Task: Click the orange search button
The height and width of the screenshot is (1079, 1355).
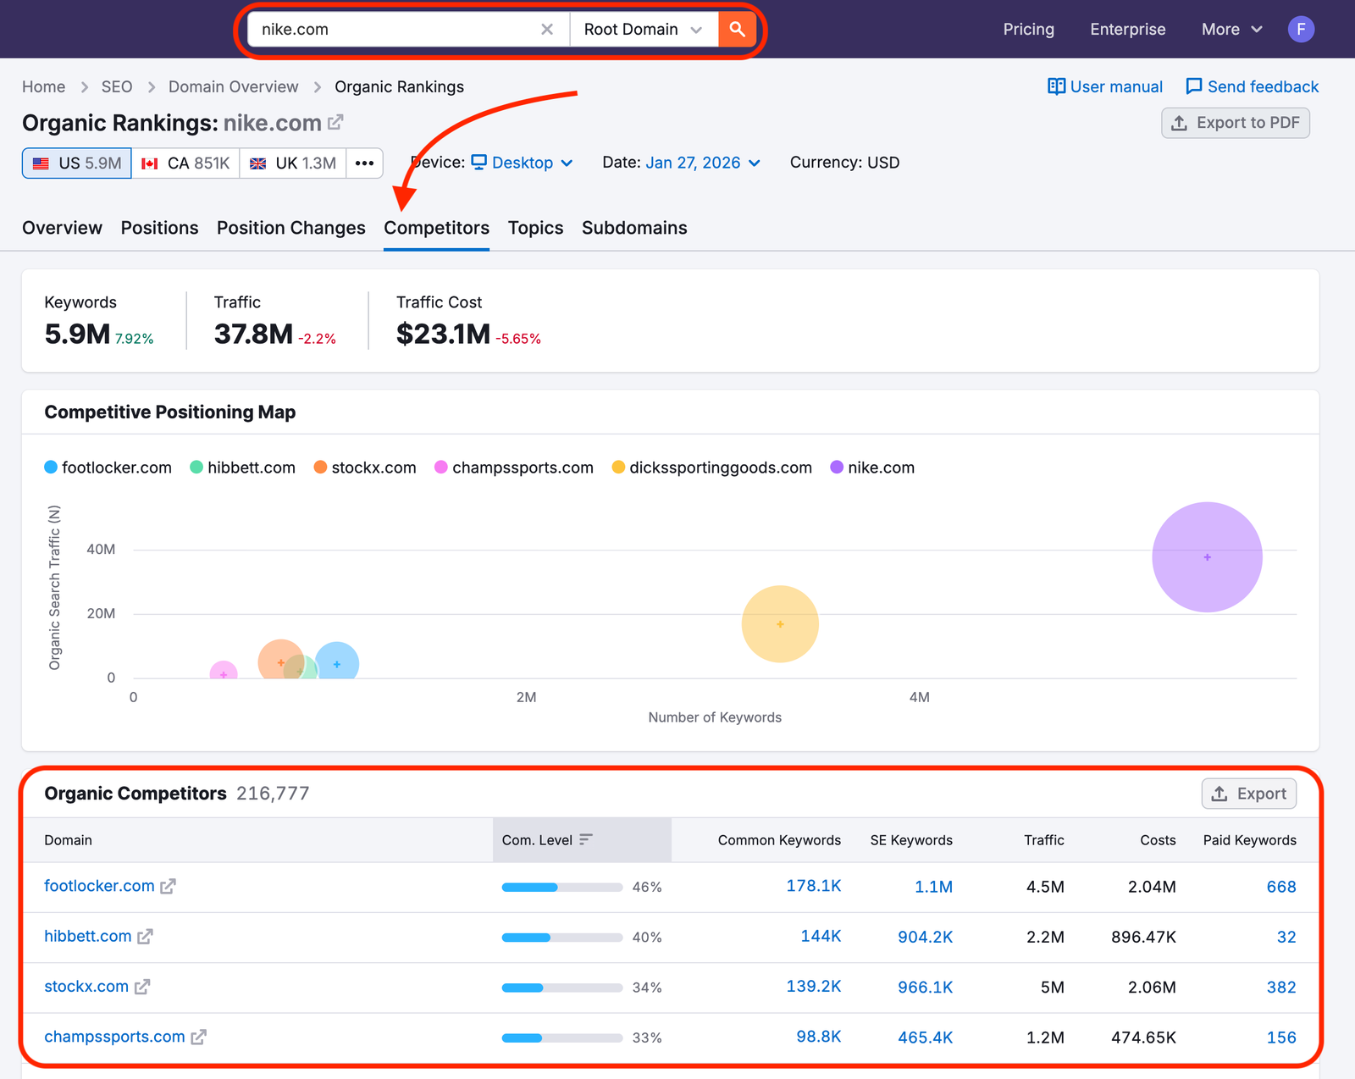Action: pyautogui.click(x=737, y=30)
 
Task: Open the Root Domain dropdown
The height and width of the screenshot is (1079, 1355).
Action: pyautogui.click(x=643, y=30)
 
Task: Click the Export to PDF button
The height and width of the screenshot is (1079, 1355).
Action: pyautogui.click(x=1236, y=123)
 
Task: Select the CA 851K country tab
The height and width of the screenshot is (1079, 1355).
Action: pyautogui.click(x=185, y=163)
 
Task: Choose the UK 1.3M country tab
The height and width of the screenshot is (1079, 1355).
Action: pyautogui.click(x=293, y=163)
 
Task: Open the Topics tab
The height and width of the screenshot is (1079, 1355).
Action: pyautogui.click(x=535, y=228)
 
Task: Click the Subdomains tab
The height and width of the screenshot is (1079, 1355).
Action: pyautogui.click(x=633, y=228)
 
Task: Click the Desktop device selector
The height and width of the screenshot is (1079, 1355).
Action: pyautogui.click(x=522, y=163)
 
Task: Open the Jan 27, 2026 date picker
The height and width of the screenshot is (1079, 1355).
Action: pyautogui.click(x=702, y=163)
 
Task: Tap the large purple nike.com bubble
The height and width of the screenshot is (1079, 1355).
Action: pyautogui.click(x=1207, y=556)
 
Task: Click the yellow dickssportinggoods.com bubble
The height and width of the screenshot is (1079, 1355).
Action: pyautogui.click(x=779, y=623)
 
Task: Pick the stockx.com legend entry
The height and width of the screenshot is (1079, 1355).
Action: pyautogui.click(x=365, y=468)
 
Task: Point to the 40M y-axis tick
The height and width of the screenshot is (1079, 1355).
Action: pyautogui.click(x=101, y=550)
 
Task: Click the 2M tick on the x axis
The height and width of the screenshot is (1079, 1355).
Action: pyautogui.click(x=526, y=697)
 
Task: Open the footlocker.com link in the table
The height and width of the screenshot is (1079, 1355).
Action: pyautogui.click(x=99, y=886)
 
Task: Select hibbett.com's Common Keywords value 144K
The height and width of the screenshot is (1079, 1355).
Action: pyautogui.click(x=821, y=936)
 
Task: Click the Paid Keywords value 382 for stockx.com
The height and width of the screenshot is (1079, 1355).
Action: pyautogui.click(x=1280, y=987)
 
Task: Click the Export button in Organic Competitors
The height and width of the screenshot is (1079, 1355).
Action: pyautogui.click(x=1248, y=794)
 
